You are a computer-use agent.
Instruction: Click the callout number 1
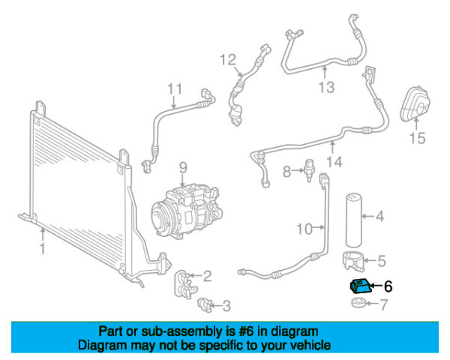coord(43,247)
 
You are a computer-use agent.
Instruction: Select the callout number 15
coord(417,138)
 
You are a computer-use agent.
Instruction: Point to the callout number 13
coord(324,88)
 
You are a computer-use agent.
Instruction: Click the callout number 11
coord(174,90)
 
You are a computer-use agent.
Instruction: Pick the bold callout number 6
coord(388,286)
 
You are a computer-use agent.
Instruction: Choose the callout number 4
coord(379,217)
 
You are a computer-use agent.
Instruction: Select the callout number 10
coord(303,228)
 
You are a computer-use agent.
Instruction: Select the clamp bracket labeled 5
coord(354,262)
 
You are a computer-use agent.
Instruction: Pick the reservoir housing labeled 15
coord(414,106)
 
